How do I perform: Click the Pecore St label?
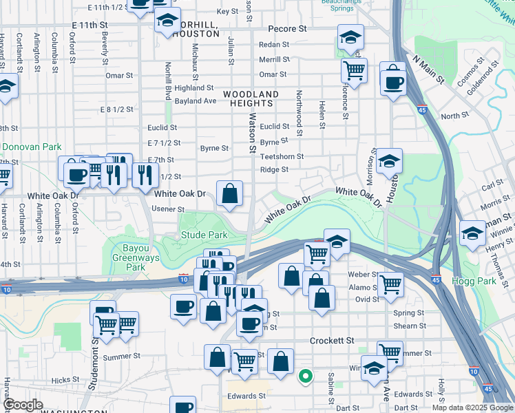[288, 30]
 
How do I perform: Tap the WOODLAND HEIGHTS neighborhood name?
[250, 98]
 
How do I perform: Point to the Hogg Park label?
[489, 281]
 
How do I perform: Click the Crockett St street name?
[332, 341]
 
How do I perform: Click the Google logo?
[23, 405]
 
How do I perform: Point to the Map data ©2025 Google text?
[472, 407]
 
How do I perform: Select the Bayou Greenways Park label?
[134, 257]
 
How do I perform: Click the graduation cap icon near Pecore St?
[350, 36]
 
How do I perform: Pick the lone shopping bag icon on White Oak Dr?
[229, 193]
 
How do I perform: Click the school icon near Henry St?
[472, 232]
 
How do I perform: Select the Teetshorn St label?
[282, 156]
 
